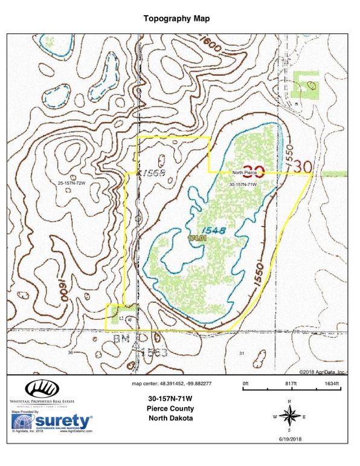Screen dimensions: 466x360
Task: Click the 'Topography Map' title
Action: coord(176,19)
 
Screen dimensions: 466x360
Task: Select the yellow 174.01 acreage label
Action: coord(198,239)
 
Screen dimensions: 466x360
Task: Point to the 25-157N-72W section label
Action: coord(76,183)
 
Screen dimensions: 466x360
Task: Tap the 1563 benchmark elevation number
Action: coord(152,351)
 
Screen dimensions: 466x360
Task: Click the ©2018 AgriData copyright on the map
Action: coord(321,372)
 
